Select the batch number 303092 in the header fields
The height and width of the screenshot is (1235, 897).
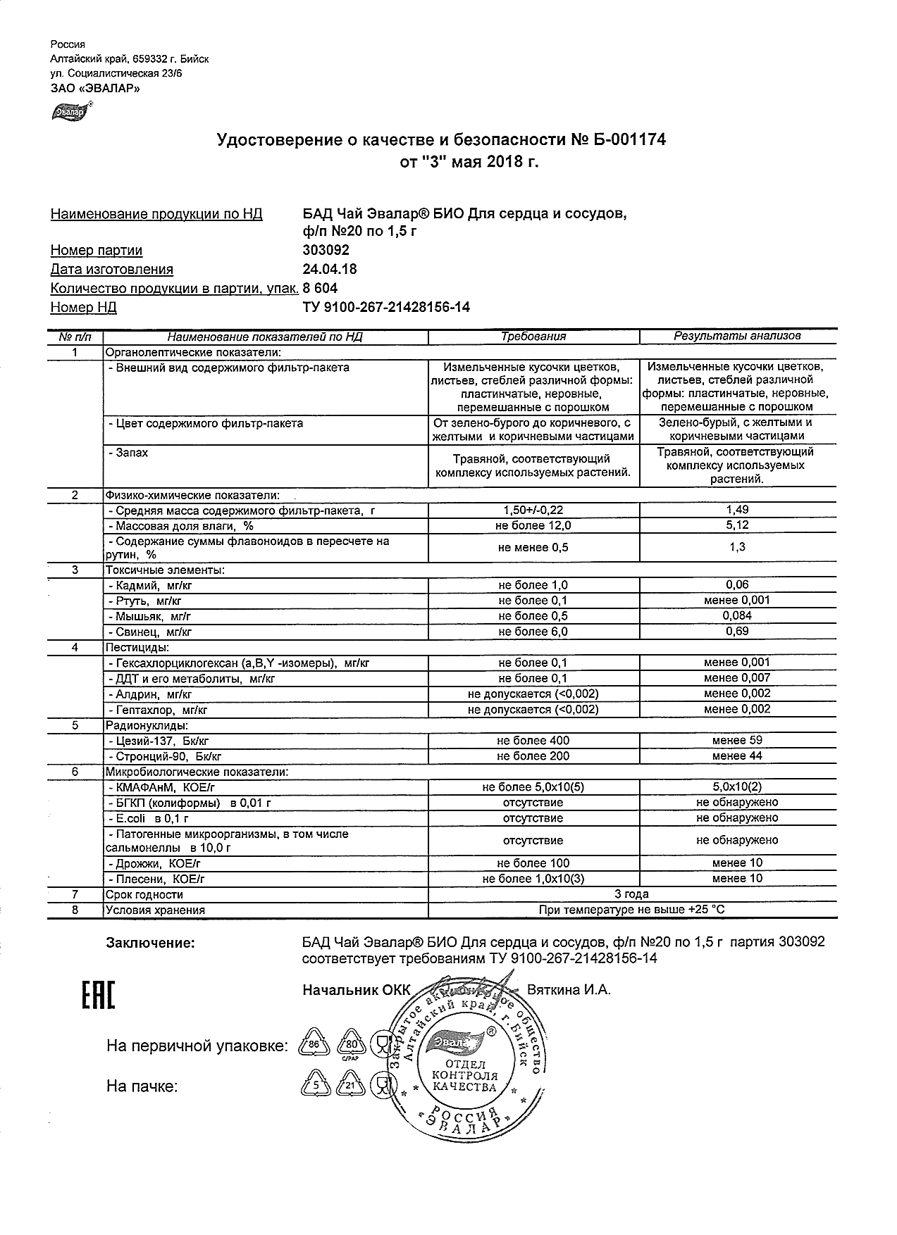click(326, 250)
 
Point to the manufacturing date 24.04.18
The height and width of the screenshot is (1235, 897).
click(329, 269)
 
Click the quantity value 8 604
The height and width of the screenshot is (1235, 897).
click(320, 288)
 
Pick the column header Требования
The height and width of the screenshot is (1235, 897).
click(533, 337)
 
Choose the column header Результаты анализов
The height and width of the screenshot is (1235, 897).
click(737, 337)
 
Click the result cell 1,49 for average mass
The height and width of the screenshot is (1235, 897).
click(737, 510)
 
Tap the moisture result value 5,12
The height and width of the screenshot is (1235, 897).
click(737, 525)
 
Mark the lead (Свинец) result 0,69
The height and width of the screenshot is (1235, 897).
click(737, 632)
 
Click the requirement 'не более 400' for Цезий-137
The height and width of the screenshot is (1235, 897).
click(533, 741)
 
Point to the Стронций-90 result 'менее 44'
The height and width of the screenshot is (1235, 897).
click(737, 756)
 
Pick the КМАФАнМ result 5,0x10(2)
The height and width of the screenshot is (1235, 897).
click(737, 787)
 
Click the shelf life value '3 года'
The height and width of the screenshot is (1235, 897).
click(631, 894)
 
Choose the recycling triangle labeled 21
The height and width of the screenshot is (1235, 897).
click(350, 1086)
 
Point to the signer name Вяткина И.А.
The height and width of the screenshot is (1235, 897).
click(569, 990)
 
